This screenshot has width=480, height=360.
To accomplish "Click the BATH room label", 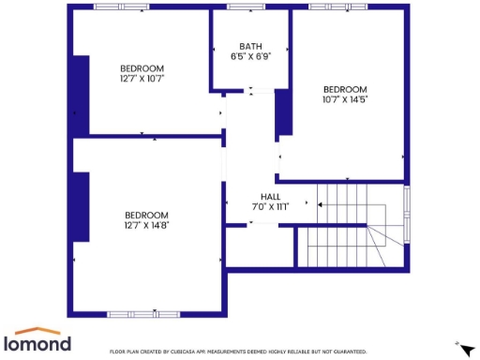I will click(250, 46).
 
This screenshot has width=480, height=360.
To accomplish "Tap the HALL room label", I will click(270, 197).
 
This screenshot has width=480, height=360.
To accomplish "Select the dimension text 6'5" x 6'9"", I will click(250, 56).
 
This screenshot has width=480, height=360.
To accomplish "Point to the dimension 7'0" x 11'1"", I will click(270, 206).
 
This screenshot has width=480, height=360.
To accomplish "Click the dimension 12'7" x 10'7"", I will click(142, 79).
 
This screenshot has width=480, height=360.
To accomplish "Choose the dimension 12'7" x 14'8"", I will click(146, 225).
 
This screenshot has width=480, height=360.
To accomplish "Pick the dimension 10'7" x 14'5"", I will click(345, 99).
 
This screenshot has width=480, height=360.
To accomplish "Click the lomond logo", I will click(37, 340).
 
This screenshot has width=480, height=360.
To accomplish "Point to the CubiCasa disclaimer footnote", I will click(238, 352).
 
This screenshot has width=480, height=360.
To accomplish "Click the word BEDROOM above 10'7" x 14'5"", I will click(345, 89).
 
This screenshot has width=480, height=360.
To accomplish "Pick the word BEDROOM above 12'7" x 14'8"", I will click(146, 215).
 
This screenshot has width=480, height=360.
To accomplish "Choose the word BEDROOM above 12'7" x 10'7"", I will click(142, 68).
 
